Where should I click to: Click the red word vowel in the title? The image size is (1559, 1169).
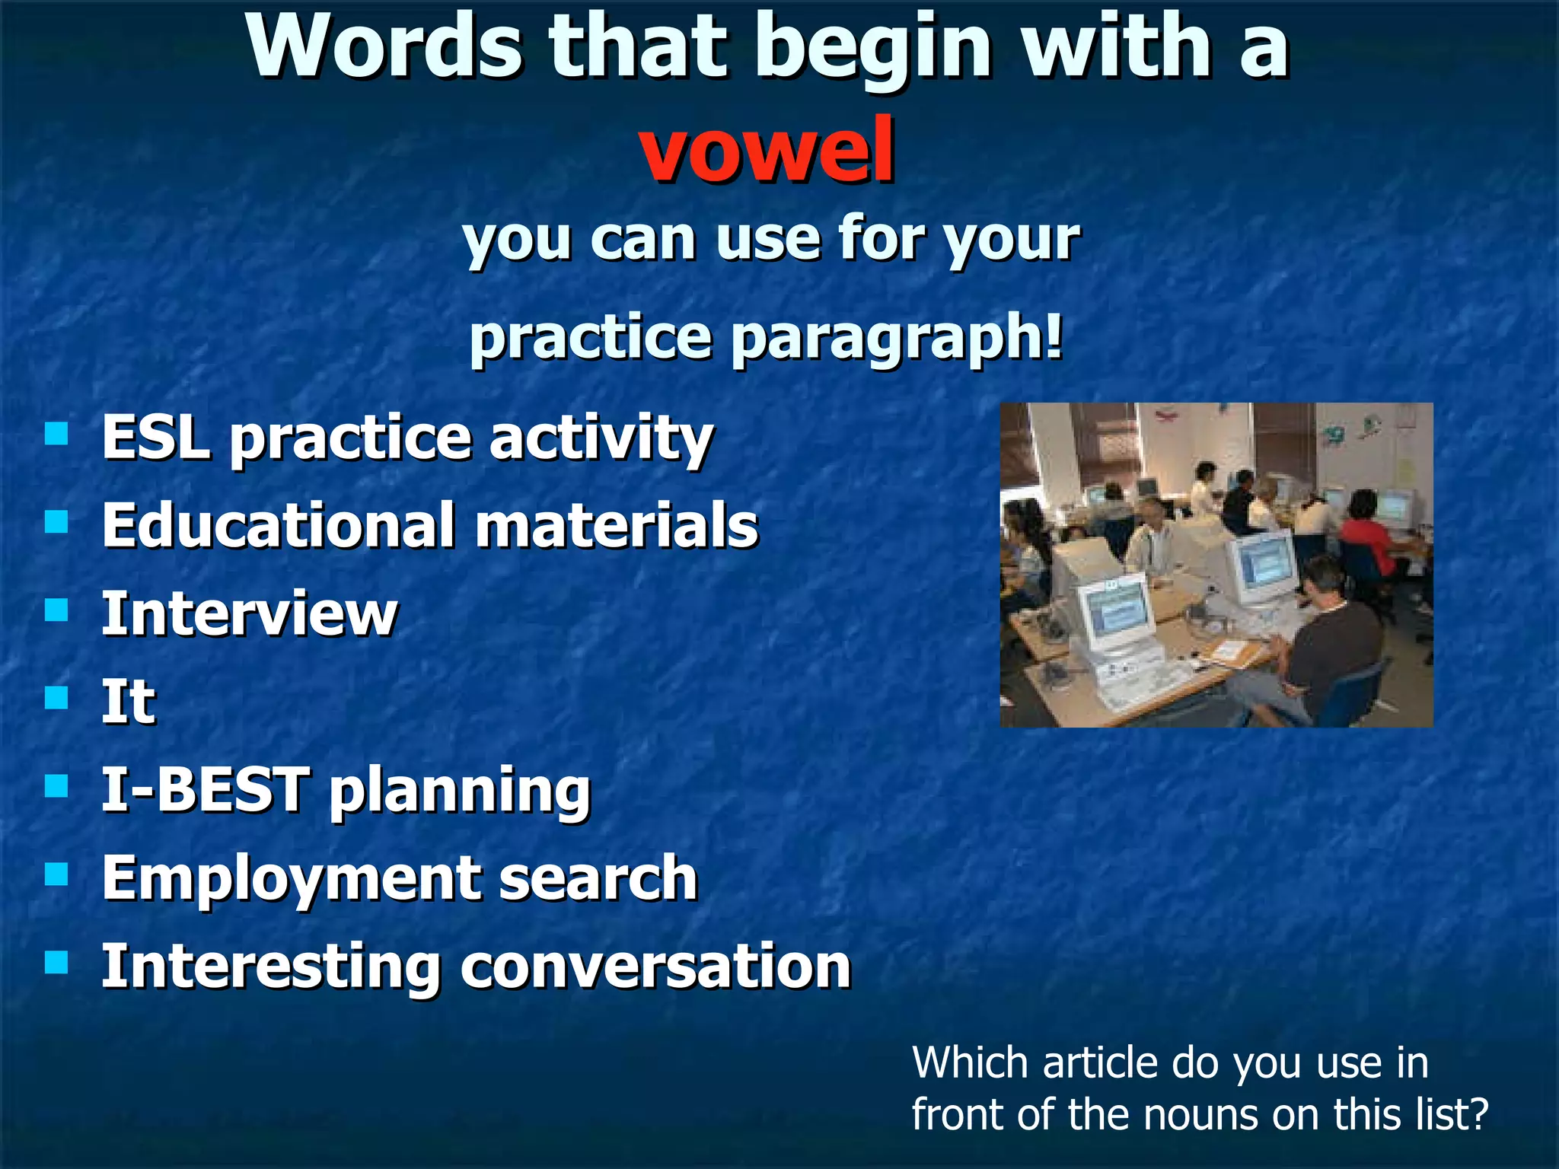pyautogui.click(x=767, y=151)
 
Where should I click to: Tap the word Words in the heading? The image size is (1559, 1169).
pyautogui.click(x=384, y=47)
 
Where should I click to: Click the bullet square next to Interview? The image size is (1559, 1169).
pyautogui.click(x=56, y=610)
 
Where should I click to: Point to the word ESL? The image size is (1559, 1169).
pyautogui.click(x=156, y=438)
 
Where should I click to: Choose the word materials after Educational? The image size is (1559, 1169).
pyautogui.click(x=617, y=526)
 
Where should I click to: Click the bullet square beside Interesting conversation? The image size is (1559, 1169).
pyautogui.click(x=56, y=963)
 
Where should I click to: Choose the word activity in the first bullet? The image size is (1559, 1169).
pyautogui.click(x=601, y=439)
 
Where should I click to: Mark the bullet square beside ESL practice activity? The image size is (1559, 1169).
pyautogui.click(x=56, y=434)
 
